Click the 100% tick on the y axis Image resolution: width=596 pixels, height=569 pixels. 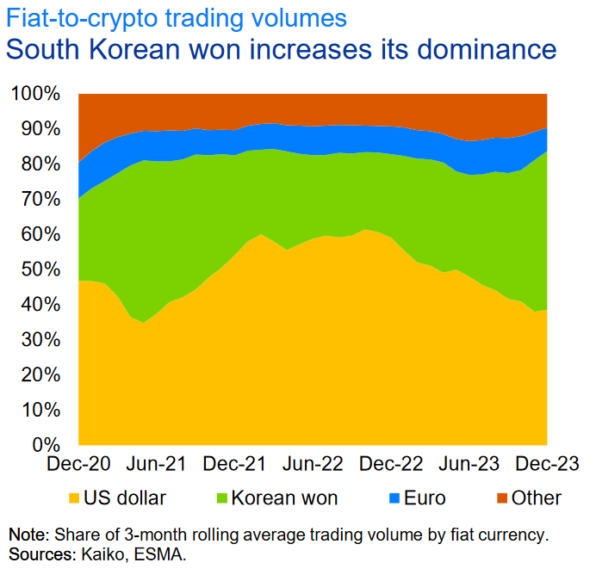[35, 93]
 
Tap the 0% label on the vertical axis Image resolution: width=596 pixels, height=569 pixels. [46, 445]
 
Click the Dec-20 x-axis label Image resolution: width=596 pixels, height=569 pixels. [78, 465]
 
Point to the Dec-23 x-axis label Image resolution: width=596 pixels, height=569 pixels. [543, 465]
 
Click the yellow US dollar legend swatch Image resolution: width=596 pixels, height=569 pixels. [74, 498]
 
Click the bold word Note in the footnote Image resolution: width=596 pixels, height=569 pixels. [25, 535]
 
